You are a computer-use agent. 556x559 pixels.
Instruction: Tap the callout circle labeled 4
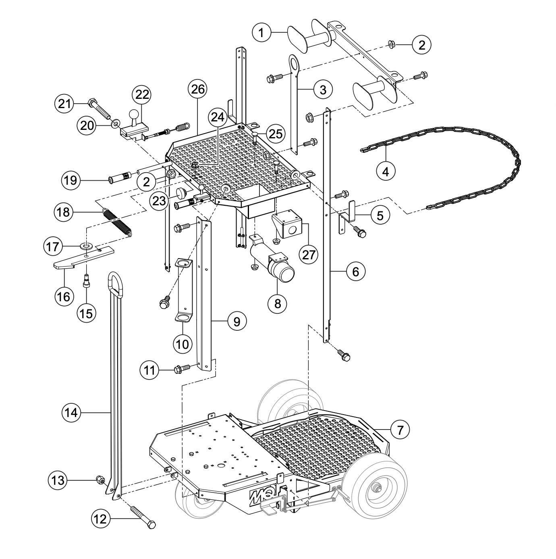click(386, 172)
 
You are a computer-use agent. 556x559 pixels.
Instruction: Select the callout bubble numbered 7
click(400, 430)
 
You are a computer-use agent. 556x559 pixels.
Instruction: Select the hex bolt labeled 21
click(98, 108)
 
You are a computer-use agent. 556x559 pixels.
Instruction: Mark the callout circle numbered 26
click(198, 89)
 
